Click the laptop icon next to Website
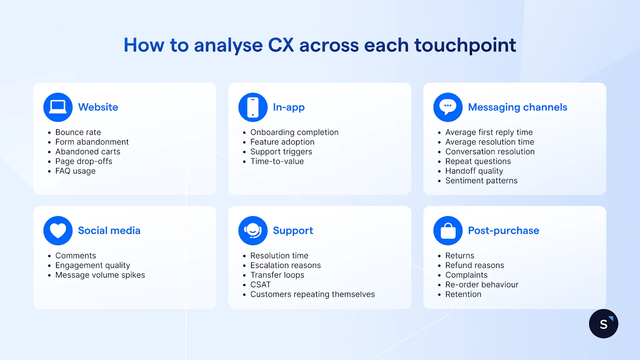(58, 107)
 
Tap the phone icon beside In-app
(253, 107)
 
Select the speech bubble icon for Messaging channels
(448, 107)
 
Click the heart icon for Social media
(58, 230)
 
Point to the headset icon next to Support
(253, 230)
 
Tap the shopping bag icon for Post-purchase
(448, 230)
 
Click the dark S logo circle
(604, 324)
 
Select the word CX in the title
(281, 45)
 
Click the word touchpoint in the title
(465, 45)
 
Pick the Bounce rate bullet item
(78, 132)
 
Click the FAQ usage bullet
(75, 171)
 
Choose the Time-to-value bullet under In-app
(277, 162)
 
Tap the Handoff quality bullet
(474, 171)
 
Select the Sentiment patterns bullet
(481, 181)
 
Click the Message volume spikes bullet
(100, 275)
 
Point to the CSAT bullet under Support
(260, 285)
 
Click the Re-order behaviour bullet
(482, 285)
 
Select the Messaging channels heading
(518, 107)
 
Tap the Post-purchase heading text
(504, 230)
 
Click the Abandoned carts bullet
(88, 152)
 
